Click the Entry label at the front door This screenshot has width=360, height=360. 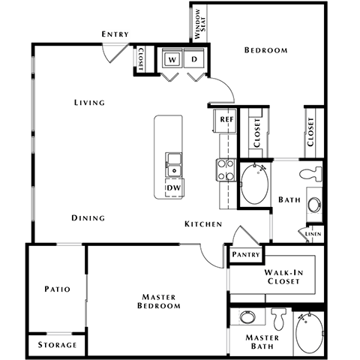coord(116,34)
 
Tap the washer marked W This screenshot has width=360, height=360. coord(172,59)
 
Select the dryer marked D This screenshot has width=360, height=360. coord(194,59)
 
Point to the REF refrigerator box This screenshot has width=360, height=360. coord(225,119)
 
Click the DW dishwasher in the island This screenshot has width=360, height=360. coord(173,188)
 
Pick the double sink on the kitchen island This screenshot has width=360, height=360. coord(173,160)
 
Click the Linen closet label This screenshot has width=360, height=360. coord(314,235)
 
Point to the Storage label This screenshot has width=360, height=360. coord(58,345)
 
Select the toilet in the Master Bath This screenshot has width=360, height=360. coord(280,319)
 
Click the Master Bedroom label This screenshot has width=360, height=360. coord(159,301)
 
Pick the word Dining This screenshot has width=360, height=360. coord(88,218)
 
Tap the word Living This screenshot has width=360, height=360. coord(89,103)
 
